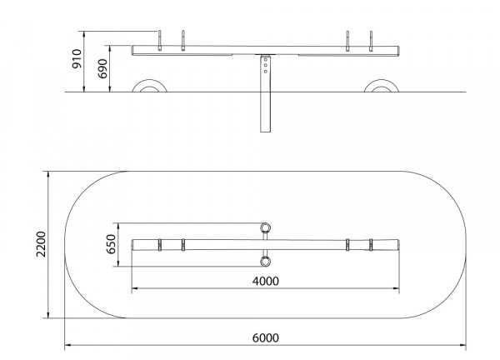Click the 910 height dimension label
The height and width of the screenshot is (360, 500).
click(x=77, y=58)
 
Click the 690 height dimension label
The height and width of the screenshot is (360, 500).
click(x=102, y=68)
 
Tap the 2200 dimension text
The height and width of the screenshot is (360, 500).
click(x=41, y=244)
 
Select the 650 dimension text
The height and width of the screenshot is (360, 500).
click(x=111, y=244)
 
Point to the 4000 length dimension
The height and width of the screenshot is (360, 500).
click(x=265, y=281)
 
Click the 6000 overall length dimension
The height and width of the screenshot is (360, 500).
click(x=265, y=337)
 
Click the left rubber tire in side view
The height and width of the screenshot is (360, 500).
click(x=149, y=86)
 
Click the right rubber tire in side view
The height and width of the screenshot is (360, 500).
click(x=382, y=86)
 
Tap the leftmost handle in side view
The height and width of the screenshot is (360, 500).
click(x=160, y=41)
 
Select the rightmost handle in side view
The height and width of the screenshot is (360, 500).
click(x=371, y=41)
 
